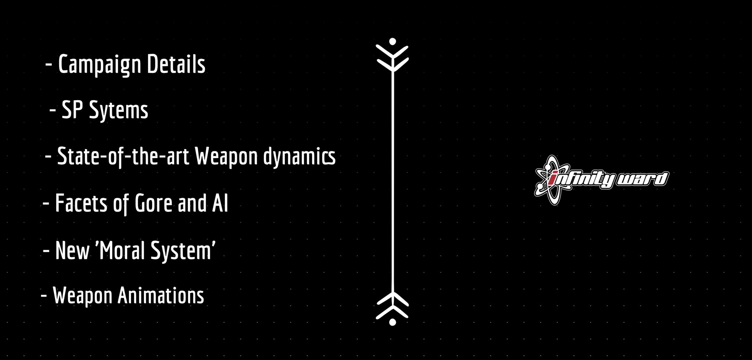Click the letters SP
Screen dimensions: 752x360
pyautogui.click(x=72, y=109)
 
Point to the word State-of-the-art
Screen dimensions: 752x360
pyautogui.click(x=123, y=156)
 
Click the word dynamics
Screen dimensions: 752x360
pyautogui.click(x=299, y=156)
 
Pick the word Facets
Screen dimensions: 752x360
pyautogui.click(x=81, y=203)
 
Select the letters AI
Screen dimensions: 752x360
pyautogui.click(x=220, y=203)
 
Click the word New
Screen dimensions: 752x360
pyautogui.click(x=72, y=251)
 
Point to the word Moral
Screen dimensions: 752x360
pyautogui.click(x=120, y=251)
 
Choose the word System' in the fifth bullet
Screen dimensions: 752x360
pyautogui.click(x=183, y=251)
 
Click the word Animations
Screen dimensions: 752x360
pyautogui.click(x=160, y=295)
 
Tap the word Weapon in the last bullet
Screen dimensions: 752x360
pyautogui.click(x=82, y=296)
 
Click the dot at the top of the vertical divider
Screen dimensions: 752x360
pyautogui.click(x=393, y=41)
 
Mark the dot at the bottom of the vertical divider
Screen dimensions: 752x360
pyautogui.click(x=393, y=322)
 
